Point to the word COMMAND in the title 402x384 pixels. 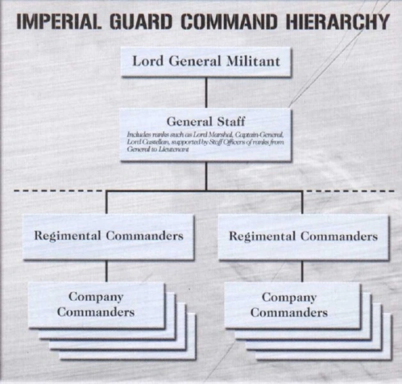click(229, 22)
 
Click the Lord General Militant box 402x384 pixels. click(206, 61)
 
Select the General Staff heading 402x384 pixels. click(206, 122)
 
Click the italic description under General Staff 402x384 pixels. click(205, 141)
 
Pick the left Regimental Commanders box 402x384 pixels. click(109, 237)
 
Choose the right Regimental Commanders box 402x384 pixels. click(304, 237)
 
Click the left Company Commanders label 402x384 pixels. click(96, 305)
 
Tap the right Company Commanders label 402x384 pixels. click(289, 305)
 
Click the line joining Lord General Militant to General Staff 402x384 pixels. click(206, 92)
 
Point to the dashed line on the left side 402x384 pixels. click(58, 191)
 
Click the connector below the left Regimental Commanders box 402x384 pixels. click(107, 271)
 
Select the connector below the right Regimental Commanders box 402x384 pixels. click(302, 271)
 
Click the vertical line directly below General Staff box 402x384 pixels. click(206, 176)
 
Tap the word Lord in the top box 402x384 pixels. click(148, 61)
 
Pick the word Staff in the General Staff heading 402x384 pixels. click(231, 122)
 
